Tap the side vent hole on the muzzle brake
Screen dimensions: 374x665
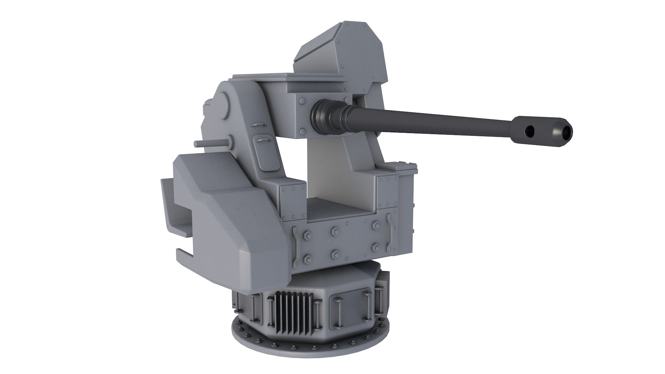[530, 130]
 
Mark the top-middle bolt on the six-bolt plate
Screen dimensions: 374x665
[335, 231]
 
